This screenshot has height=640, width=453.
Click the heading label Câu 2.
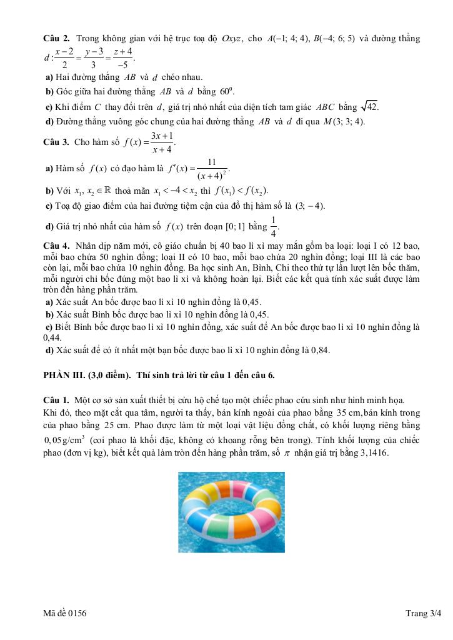(x=56, y=39)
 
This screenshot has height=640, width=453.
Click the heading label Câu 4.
(x=56, y=245)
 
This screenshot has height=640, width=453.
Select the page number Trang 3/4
(x=423, y=614)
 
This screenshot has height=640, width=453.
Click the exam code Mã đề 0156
(x=65, y=614)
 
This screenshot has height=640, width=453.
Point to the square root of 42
(x=370, y=106)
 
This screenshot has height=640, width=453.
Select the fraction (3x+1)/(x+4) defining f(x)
(x=162, y=142)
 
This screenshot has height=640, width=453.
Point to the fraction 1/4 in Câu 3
(x=272, y=224)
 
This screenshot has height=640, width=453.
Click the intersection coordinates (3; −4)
(x=309, y=206)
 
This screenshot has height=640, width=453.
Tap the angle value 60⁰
(x=207, y=92)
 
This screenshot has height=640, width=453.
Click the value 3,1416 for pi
(x=374, y=454)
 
